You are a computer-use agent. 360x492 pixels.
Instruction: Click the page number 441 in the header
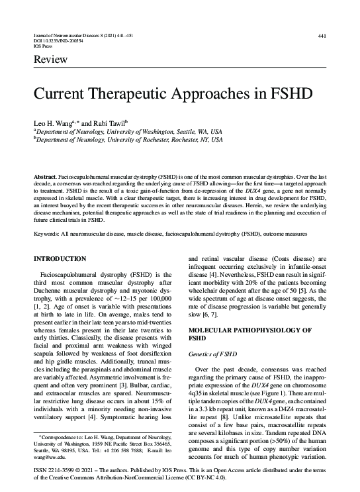pyautogui.click(x=322, y=36)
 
